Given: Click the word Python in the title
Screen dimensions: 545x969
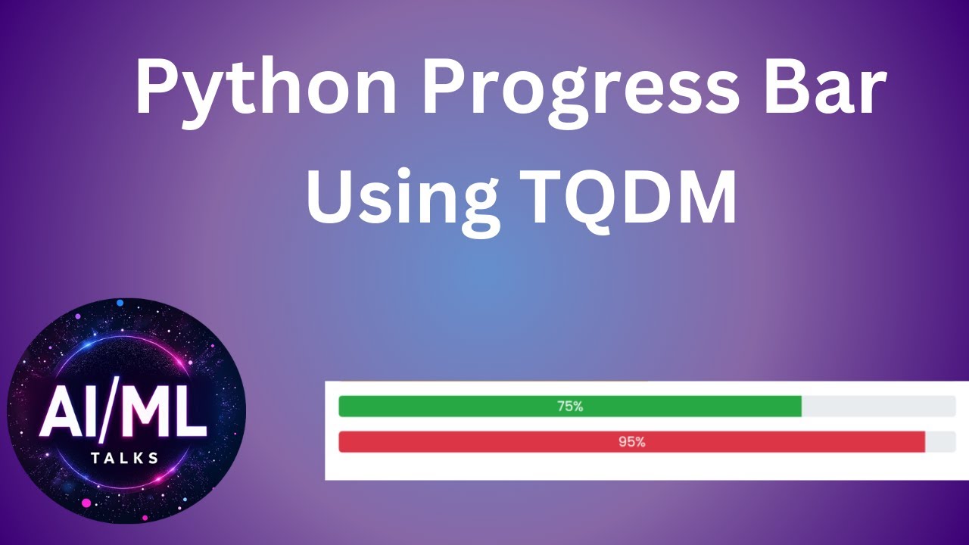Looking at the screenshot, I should pyautogui.click(x=265, y=89).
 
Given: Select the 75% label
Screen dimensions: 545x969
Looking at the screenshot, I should pyautogui.click(x=570, y=406).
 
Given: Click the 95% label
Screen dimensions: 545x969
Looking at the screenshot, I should pyautogui.click(x=631, y=442).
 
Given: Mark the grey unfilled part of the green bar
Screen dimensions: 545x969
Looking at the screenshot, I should pyautogui.click(x=878, y=406).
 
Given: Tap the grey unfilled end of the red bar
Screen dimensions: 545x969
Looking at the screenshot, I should pyautogui.click(x=940, y=442).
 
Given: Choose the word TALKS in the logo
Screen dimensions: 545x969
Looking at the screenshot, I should pyautogui.click(x=124, y=458).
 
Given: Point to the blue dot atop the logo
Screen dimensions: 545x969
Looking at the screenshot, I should pyautogui.click(x=120, y=303).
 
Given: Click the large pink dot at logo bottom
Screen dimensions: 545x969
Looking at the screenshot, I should pyautogui.click(x=86, y=503).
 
